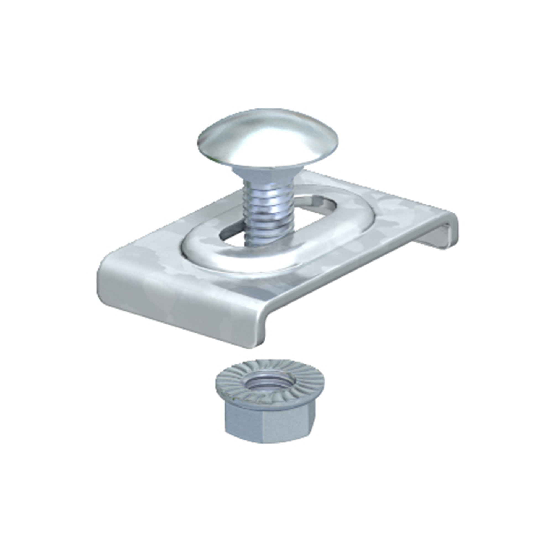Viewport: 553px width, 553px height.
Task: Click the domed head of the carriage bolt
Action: coord(269,135)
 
